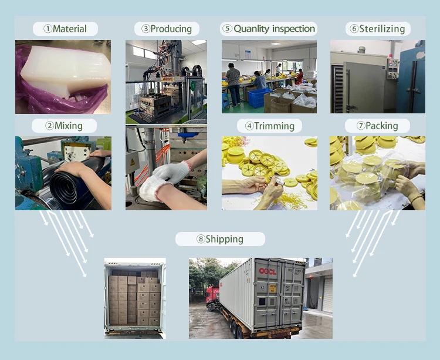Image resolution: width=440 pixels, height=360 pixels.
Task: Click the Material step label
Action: click(65, 29)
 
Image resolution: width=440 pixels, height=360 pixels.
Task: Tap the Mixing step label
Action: click(64, 126)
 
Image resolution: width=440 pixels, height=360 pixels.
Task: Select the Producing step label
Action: click(167, 29)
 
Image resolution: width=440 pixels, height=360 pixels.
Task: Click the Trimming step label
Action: click(269, 126)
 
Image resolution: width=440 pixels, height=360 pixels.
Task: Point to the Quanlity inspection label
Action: click(269, 29)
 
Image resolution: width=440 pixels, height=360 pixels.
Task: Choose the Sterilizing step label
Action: click(378, 29)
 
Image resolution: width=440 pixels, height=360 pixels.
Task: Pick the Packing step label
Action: click(377, 126)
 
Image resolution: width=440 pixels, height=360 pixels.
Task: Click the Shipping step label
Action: click(220, 239)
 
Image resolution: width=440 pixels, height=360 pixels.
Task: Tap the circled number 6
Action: click(354, 29)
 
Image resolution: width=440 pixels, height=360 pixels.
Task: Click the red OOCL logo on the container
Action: click(268, 271)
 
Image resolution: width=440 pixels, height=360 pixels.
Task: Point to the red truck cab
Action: click(212, 298)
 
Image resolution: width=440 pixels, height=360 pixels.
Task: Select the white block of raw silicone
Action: click(65, 71)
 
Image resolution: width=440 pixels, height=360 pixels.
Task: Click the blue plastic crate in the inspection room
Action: click(260, 97)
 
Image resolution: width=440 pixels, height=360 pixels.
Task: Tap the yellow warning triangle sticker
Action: click(133, 162)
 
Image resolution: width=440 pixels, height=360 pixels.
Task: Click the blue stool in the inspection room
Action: click(226, 101)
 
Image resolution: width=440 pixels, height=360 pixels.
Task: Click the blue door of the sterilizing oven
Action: click(411, 82)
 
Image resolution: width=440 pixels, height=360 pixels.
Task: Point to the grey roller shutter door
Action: click(327, 294)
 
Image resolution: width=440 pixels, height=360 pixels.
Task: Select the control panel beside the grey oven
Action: click(392, 69)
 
